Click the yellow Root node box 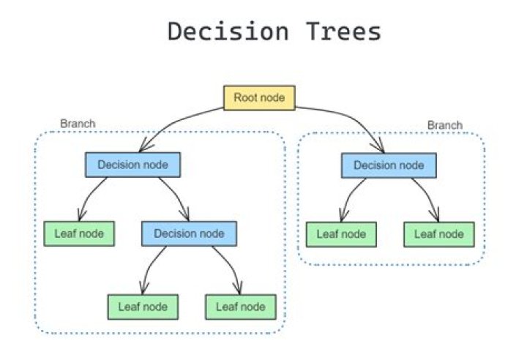pos(258,98)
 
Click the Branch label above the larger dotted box pos(77,124)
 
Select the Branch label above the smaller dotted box pos(444,125)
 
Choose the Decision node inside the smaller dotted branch pos(389,165)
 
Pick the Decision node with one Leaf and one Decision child pos(132,165)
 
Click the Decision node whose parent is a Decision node pos(189,233)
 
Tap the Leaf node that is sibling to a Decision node pos(79,233)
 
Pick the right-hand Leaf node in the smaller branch pos(438,234)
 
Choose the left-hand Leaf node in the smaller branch pos(340,234)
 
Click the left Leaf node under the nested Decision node pos(143,306)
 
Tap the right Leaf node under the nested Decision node pos(240,306)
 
